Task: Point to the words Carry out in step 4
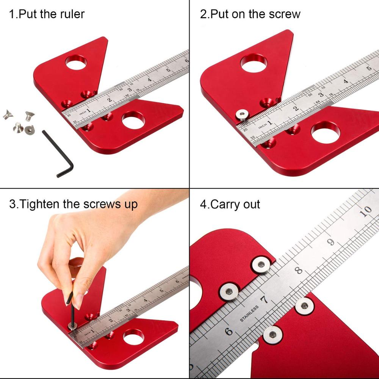click(x=235, y=204)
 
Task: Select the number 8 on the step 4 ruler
click(x=299, y=271)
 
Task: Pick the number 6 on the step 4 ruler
click(x=229, y=331)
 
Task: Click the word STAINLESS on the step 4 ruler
click(x=249, y=314)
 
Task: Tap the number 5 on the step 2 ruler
click(x=368, y=69)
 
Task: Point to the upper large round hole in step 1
click(x=76, y=61)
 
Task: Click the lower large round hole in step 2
click(x=325, y=132)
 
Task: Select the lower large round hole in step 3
click(x=134, y=336)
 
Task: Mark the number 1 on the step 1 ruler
click(x=88, y=111)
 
